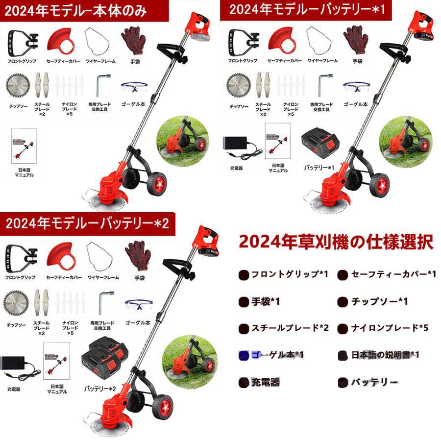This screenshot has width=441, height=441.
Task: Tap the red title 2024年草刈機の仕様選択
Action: [336, 242]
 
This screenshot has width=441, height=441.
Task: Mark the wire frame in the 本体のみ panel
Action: [97, 41]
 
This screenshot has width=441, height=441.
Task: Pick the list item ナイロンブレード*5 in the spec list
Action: [390, 328]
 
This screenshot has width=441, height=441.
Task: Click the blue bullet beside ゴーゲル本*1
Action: [243, 355]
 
